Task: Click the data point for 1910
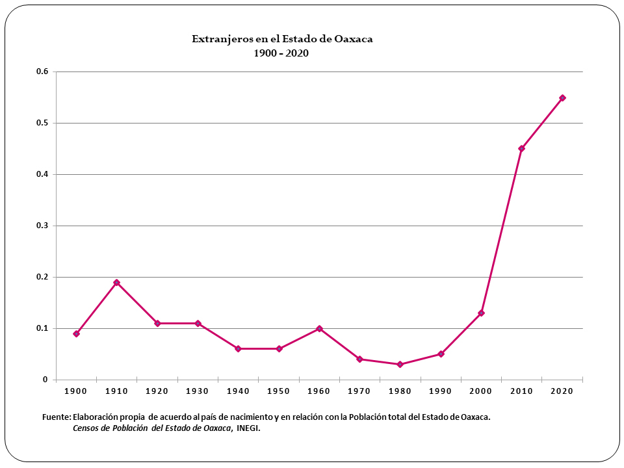pos(116,283)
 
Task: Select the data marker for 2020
pos(562,98)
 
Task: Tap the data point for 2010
pos(521,149)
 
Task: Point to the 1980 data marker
pos(400,365)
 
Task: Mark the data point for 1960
pos(319,329)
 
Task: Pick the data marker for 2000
pos(481,313)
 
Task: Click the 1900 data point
pos(76,334)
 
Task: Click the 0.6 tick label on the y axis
pos(42,71)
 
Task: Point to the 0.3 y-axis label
pos(42,226)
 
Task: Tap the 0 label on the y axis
pos(45,380)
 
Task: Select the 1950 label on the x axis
pos(278,391)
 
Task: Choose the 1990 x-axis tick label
pos(440,391)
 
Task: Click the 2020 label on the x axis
pos(562,391)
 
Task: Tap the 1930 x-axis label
pos(198,391)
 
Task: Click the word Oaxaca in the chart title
pos(353,39)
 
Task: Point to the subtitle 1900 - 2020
pos(281,53)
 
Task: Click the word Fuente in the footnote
pos(55,417)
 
